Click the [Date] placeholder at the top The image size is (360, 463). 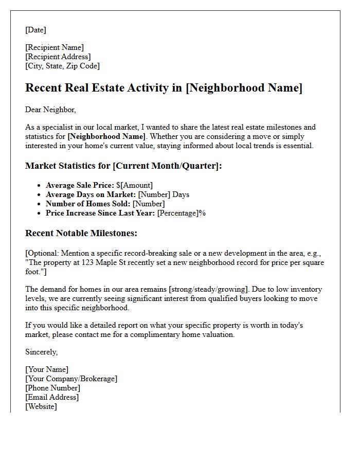coord(35,30)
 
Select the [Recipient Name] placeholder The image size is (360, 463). coord(55,47)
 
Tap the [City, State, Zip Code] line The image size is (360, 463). coord(62,66)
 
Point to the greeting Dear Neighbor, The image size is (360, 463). coord(50,110)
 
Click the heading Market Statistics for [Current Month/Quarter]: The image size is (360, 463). coord(124,166)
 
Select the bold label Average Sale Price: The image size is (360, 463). coord(80,185)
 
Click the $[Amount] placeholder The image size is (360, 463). coord(135,185)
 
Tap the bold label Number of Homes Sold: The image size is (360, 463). coord(88,204)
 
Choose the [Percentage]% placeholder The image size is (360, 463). coord(181,213)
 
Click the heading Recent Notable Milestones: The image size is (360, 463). coord(81,233)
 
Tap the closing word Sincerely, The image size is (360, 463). coord(42,352)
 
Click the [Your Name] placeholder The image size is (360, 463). coord(47,369)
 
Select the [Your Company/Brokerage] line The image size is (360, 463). coord(71,379)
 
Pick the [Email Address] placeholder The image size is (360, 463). coord(52,397)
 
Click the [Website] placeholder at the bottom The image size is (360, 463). coord(41,406)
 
